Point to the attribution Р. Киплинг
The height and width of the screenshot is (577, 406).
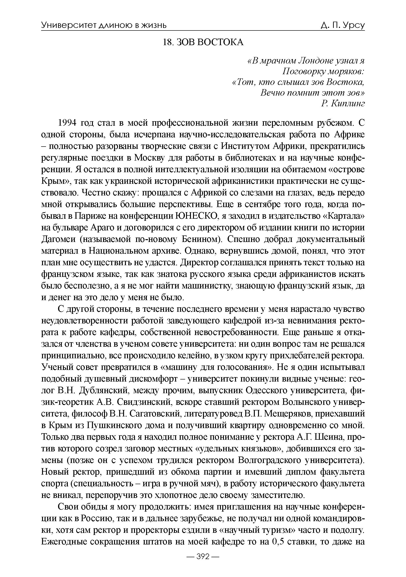click(x=343, y=103)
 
